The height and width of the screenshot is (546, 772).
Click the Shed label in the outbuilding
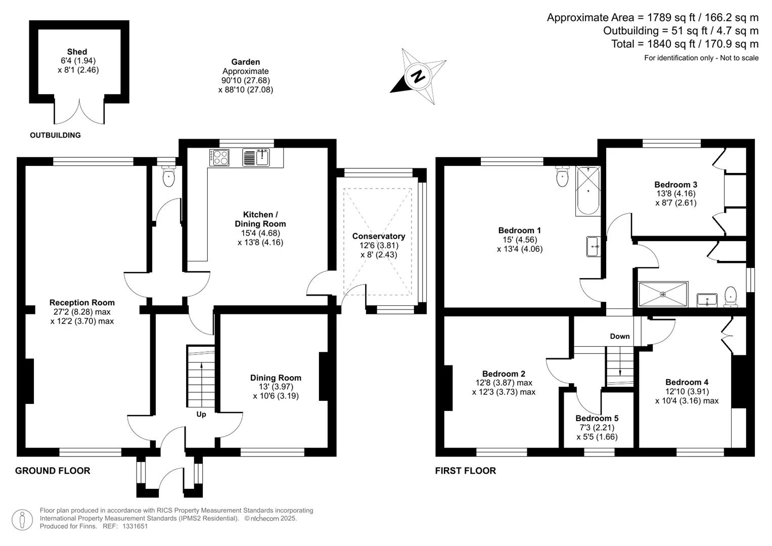77,52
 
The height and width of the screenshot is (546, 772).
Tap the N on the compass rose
418,76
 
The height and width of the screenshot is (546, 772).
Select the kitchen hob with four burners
219,158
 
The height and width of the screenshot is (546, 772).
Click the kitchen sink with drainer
256,158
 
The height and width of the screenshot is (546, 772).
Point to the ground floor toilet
168,176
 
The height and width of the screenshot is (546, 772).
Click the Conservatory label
379,236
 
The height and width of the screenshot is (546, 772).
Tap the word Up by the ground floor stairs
201,415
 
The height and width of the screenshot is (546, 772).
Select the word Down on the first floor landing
620,336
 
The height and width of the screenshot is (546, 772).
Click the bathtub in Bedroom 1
588,191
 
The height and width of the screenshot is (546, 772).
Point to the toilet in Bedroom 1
563,176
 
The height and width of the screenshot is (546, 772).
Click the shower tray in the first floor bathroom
663,294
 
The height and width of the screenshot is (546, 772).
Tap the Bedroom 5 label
597,418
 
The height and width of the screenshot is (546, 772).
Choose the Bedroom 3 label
676,185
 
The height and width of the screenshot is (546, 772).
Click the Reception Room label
82,302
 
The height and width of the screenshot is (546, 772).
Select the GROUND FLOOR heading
53,471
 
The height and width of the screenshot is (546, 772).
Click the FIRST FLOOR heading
465,471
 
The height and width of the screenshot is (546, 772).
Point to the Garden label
245,62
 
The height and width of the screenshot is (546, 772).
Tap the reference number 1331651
135,526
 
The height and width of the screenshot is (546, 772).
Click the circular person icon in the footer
22,520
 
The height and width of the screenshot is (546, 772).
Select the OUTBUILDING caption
55,135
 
